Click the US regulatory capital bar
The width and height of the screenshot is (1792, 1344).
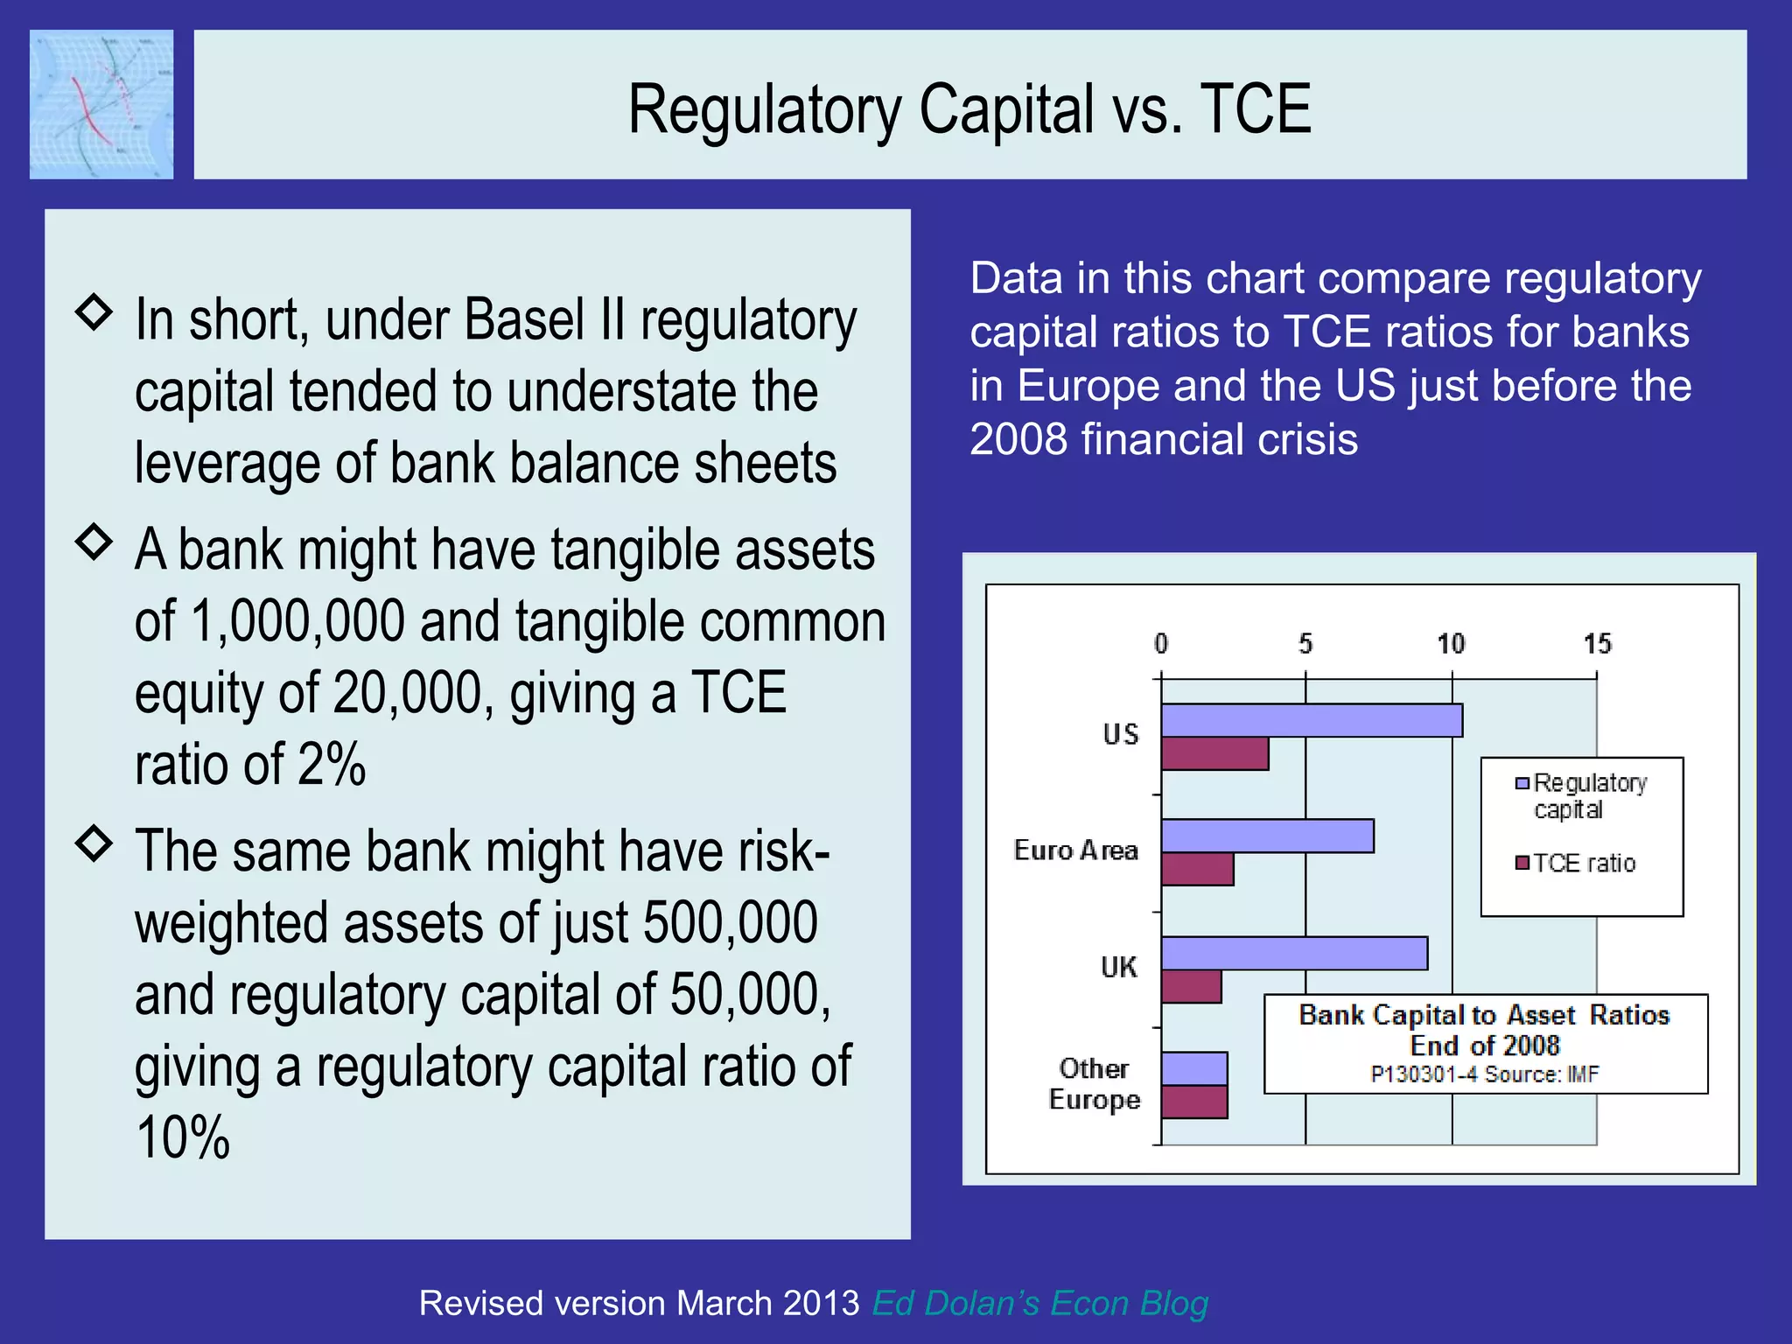click(x=1311, y=720)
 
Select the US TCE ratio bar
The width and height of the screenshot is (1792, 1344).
click(x=1214, y=754)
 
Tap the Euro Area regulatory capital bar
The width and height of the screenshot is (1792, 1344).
click(x=1267, y=836)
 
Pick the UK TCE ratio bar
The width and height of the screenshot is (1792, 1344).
click(x=1191, y=987)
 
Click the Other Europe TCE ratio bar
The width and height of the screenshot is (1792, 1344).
click(x=1194, y=1102)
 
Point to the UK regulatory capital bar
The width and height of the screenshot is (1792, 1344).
click(x=1293, y=953)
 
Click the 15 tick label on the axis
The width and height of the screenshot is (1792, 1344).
click(x=1597, y=644)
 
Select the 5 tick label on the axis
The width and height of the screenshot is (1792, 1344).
click(x=1305, y=644)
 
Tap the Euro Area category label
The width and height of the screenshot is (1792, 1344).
click(x=1075, y=850)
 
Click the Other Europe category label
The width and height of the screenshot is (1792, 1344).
click(x=1094, y=1084)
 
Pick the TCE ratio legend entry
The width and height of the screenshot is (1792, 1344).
click(x=1577, y=864)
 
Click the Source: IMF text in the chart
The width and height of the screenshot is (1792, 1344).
click(x=1541, y=1074)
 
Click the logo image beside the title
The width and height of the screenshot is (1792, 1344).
click(x=101, y=104)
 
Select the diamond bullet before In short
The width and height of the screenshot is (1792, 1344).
click(x=94, y=311)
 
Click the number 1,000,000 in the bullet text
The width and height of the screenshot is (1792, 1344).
click(x=297, y=621)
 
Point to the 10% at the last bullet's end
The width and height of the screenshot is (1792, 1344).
click(x=183, y=1137)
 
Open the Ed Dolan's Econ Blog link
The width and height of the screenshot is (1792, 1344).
click(x=1039, y=1303)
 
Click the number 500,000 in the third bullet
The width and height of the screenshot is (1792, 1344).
click(x=730, y=923)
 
